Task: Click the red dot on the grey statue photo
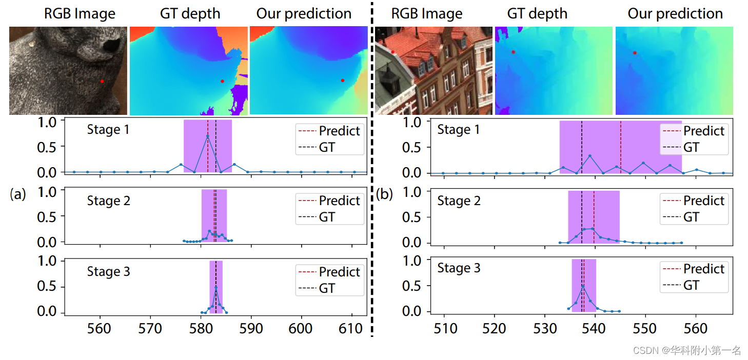pyautogui.click(x=102, y=81)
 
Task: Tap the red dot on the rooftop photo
pyautogui.click(x=392, y=52)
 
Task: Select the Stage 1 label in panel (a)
pyautogui.click(x=108, y=130)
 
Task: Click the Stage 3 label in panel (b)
pyautogui.click(x=459, y=268)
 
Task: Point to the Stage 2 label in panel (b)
pyautogui.click(x=459, y=201)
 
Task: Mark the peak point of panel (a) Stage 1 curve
pyautogui.click(x=208, y=136)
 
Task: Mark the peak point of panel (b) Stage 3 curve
pyautogui.click(x=583, y=286)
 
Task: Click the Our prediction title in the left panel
pyautogui.click(x=304, y=14)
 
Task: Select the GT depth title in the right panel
pyautogui.click(x=537, y=14)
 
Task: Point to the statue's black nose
pyautogui.click(x=113, y=46)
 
